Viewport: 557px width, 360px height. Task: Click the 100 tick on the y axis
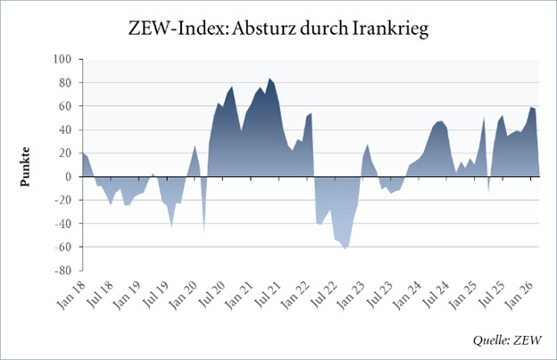62,60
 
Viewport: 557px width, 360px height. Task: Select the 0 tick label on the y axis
68,177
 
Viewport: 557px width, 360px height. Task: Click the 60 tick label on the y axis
65,106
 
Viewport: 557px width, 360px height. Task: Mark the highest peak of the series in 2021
270,79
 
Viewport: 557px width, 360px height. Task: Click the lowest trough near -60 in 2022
345,247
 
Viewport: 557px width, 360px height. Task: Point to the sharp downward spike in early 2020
204,232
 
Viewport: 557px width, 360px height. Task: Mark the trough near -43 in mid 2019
171,227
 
